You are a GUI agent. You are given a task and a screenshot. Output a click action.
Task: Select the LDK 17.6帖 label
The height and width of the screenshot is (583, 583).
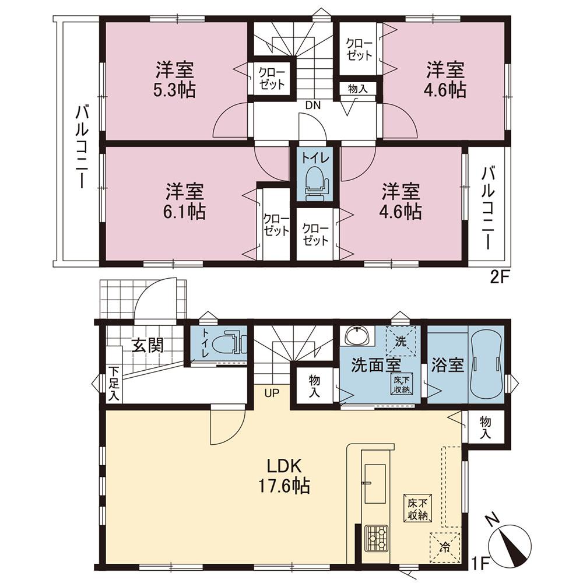[x=284, y=475]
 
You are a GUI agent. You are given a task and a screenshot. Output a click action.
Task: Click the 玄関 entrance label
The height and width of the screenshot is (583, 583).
[x=146, y=345]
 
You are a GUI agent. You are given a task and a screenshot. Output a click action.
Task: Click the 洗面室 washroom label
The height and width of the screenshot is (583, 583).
[x=375, y=366]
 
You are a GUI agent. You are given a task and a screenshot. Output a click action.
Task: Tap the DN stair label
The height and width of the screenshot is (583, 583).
[x=312, y=106]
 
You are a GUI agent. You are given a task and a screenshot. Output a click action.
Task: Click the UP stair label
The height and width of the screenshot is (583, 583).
[x=272, y=392]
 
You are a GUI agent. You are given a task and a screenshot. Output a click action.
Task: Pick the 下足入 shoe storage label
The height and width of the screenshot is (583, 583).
[x=114, y=384]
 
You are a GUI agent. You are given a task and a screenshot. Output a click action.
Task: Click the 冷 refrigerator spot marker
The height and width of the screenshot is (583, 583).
[x=445, y=547]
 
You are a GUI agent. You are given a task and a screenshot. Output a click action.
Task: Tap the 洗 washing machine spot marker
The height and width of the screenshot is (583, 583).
[x=401, y=340]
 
